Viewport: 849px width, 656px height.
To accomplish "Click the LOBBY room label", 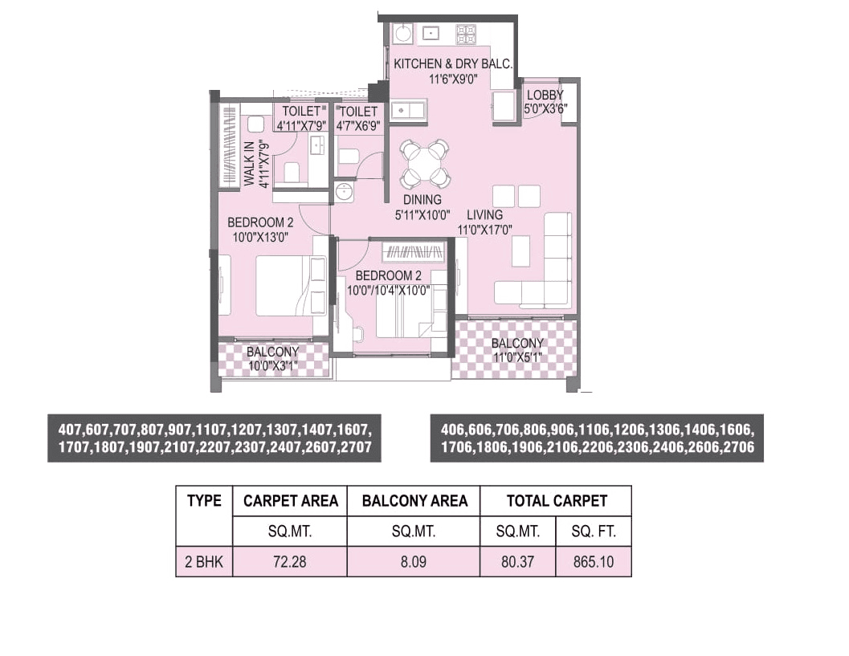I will (545, 95).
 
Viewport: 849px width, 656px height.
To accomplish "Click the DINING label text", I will (422, 200).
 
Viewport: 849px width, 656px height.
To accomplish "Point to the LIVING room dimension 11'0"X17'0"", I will (484, 230).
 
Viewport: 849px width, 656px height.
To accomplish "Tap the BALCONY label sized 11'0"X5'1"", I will (517, 344).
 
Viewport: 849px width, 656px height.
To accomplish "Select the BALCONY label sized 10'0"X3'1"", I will (272, 352).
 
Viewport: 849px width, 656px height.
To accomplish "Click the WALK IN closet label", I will (249, 164).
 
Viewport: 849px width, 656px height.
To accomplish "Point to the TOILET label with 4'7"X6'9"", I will (357, 112).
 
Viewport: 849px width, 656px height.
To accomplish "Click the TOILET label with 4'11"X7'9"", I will (300, 111).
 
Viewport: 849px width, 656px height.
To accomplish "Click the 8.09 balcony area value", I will (414, 562).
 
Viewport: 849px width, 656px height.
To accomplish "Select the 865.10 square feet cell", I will (594, 562).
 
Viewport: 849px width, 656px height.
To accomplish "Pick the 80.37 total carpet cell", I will (517, 562).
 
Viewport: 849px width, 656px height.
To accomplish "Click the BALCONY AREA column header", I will (414, 501).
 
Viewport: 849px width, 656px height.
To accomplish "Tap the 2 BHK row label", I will (204, 562).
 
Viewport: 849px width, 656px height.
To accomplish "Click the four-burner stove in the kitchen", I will (466, 34).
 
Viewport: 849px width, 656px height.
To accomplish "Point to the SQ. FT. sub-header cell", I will (594, 532).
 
